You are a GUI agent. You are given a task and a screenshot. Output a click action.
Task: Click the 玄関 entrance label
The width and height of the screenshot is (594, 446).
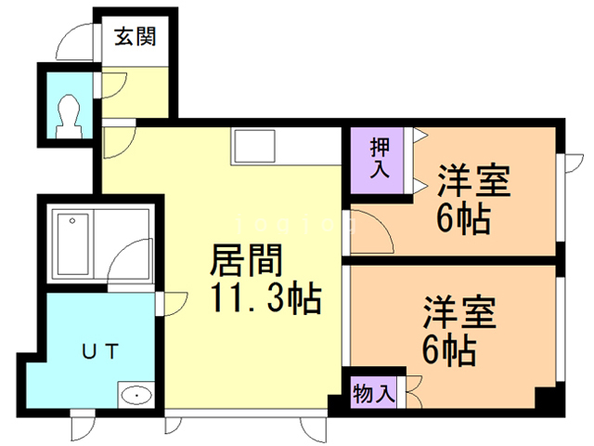tap(135, 38)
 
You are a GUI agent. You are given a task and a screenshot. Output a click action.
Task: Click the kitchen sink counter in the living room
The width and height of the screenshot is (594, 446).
tap(254, 144)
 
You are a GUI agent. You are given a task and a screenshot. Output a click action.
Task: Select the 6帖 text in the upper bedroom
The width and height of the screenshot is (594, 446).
tap(462, 219)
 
